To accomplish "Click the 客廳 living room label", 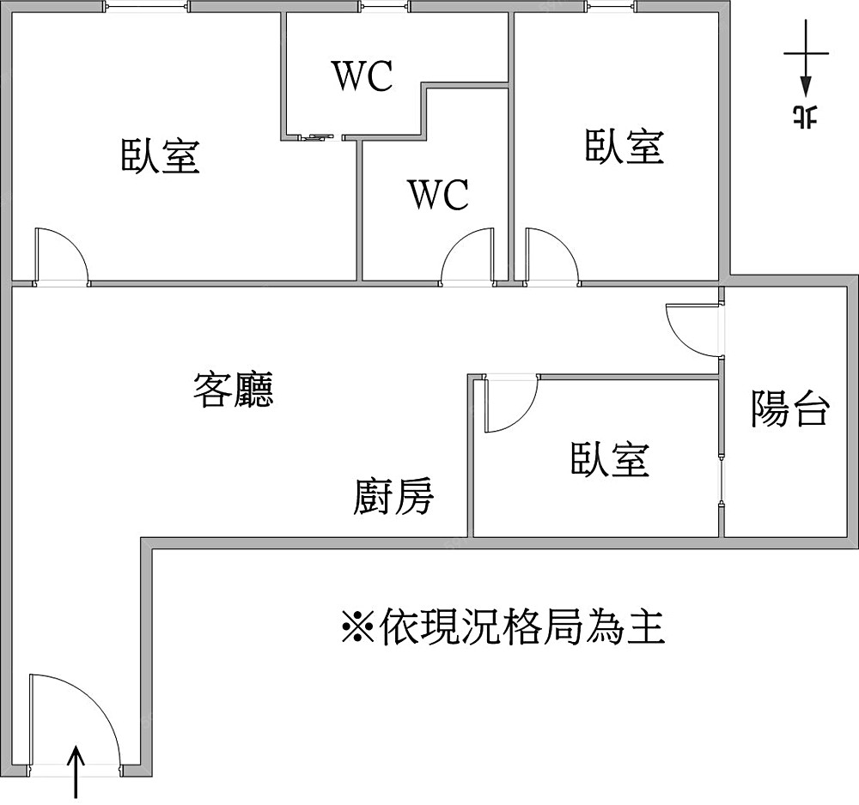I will coord(234,389).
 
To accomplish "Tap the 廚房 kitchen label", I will coord(393,496).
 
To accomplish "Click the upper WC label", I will coord(362,76).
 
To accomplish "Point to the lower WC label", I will coord(438,195).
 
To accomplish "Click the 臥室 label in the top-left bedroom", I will coord(161,155).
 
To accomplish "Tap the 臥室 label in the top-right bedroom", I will coord(624,146).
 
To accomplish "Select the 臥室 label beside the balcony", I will coord(610,459).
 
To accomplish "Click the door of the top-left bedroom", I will coord(60,256).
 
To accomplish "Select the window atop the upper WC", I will coord(385,8).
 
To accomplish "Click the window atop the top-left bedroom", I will coord(146,8).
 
